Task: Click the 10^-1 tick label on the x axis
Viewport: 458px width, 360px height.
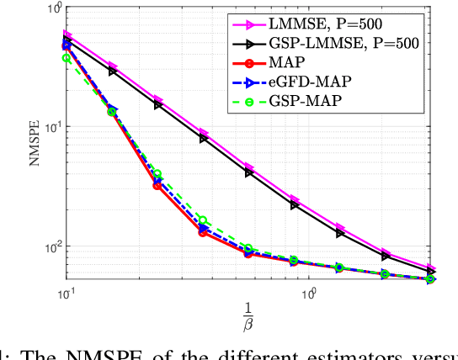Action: pyautogui.click(x=67, y=293)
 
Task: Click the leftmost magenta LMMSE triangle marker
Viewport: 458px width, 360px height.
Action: pyautogui.click(x=67, y=35)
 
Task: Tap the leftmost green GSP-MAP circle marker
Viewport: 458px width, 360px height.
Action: pyautogui.click(x=67, y=58)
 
